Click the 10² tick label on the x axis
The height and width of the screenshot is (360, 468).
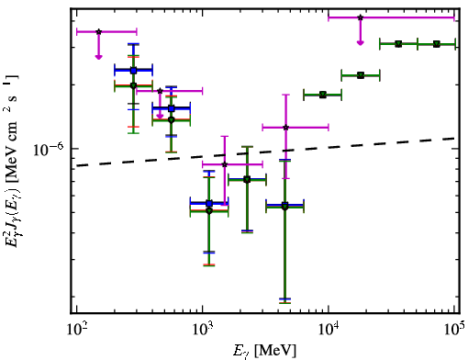(78, 331)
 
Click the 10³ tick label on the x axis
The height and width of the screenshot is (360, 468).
(204, 331)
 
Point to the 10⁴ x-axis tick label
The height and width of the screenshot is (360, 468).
(329, 331)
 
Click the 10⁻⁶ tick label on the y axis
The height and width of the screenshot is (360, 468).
(49, 149)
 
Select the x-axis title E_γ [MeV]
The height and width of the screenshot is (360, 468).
(264, 351)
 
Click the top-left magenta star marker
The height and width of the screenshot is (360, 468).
(98, 31)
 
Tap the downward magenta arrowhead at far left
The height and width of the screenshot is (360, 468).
(98, 57)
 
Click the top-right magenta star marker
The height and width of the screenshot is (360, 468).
(361, 17)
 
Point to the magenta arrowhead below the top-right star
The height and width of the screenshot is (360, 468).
(361, 43)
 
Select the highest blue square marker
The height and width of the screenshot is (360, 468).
(133, 71)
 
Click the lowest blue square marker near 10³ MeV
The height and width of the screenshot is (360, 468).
(209, 203)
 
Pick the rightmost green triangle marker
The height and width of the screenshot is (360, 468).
(437, 44)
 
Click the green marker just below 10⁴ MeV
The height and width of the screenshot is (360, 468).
(323, 95)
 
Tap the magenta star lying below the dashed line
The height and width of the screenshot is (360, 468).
(225, 164)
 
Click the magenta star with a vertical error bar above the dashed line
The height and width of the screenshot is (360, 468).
(286, 128)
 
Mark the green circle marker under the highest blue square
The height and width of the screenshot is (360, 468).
(133, 85)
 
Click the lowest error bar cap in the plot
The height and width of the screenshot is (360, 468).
(284, 303)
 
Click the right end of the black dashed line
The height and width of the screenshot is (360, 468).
(455, 139)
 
